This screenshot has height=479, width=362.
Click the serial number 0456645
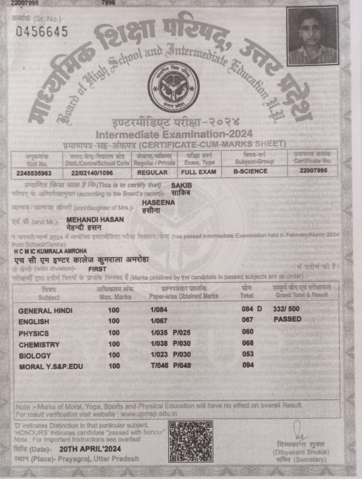pyautogui.click(x=41, y=32)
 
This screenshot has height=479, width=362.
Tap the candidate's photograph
pyautogui.click(x=312, y=36)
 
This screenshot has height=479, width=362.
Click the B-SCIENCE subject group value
pyautogui.click(x=250, y=171)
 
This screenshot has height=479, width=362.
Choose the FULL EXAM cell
pyautogui.click(x=199, y=172)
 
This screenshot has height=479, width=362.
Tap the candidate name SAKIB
pyautogui.click(x=180, y=185)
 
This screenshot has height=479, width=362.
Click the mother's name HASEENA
pyautogui.click(x=158, y=203)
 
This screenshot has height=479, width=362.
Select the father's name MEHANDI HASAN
pyautogui.click(x=95, y=219)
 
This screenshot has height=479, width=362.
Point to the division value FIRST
pyautogui.click(x=97, y=269)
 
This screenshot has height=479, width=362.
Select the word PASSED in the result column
pyautogui.click(x=287, y=319)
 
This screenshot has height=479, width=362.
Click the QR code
pyautogui.click(x=191, y=441)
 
